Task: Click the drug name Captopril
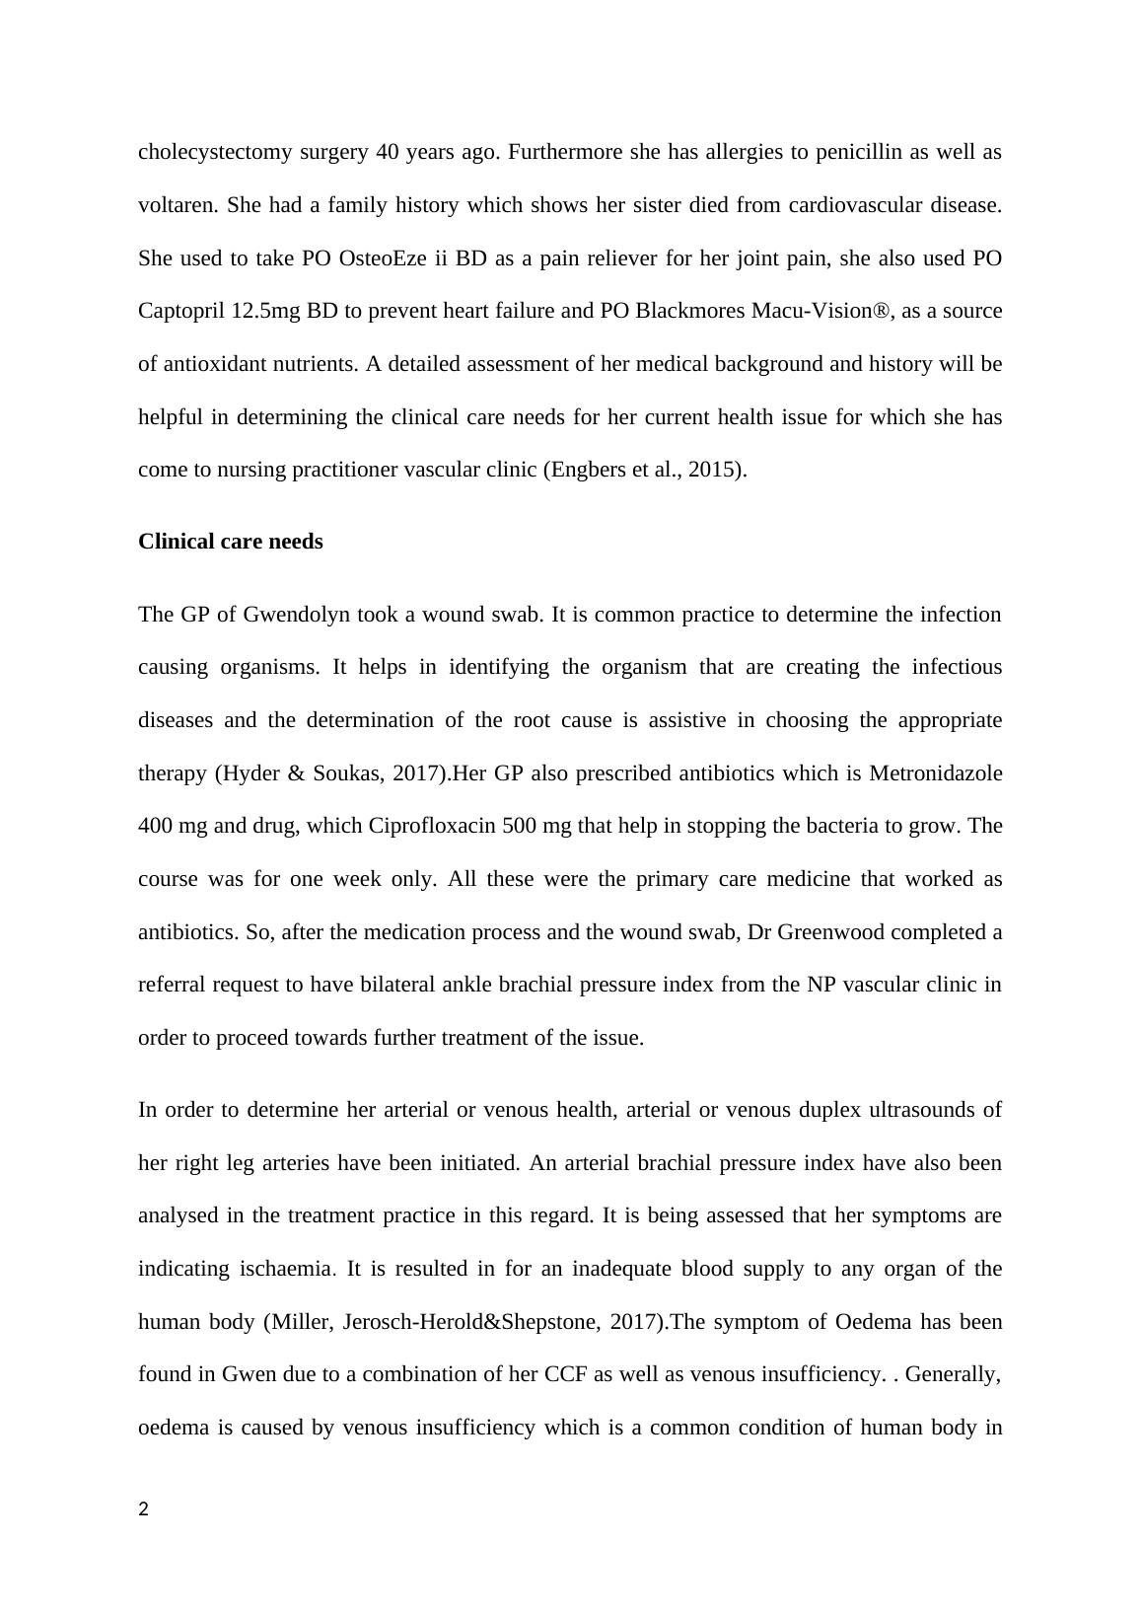[x=181, y=312]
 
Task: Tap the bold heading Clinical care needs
[x=231, y=542]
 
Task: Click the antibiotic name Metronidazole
[x=936, y=773]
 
